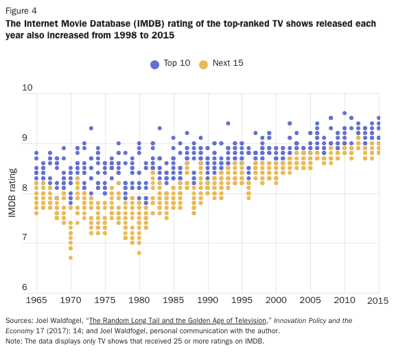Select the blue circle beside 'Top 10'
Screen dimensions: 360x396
154,64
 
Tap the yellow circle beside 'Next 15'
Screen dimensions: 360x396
203,64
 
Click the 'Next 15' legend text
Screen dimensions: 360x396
227,63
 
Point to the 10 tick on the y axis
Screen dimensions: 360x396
27,88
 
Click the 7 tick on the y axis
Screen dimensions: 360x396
30,237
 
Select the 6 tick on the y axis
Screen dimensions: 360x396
30,287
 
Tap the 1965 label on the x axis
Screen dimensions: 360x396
36,300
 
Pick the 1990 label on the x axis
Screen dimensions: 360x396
207,300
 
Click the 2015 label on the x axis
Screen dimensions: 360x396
379,300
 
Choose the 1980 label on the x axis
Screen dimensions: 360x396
139,300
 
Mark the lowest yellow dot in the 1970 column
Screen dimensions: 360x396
70,258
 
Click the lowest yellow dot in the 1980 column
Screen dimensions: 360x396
139,252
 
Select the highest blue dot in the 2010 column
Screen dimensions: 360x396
345,113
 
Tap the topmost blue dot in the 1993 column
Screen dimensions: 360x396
228,123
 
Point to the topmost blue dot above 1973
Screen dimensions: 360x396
91,128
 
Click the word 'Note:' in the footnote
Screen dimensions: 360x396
15,341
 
